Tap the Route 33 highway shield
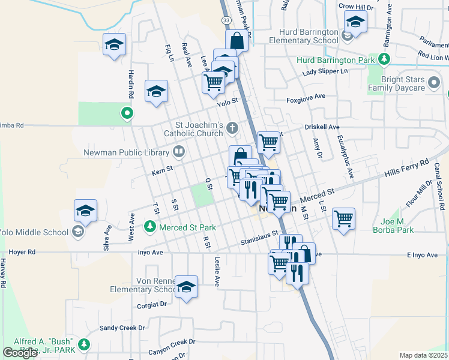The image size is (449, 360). coord(225,20)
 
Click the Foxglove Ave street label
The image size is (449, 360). coord(306,97)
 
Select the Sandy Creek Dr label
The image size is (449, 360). coord(122,328)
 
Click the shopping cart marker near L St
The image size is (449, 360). coord(343,218)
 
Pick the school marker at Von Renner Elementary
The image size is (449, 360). coord(186,286)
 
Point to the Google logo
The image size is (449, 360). coord(20,352)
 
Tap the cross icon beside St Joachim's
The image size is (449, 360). coord(232,127)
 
